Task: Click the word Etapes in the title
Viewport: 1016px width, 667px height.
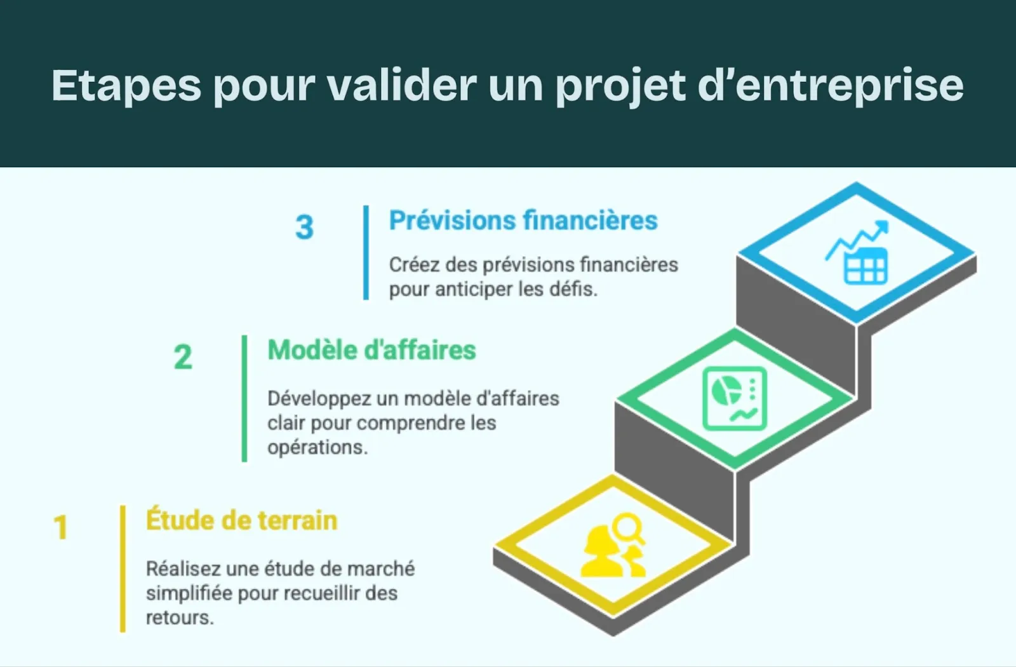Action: click(x=126, y=86)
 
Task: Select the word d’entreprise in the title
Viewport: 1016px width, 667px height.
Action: click(x=831, y=86)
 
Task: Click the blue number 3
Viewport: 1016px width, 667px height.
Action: click(x=305, y=227)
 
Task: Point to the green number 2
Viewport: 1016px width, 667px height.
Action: click(x=183, y=357)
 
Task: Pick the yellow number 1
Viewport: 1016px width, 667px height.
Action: click(x=61, y=527)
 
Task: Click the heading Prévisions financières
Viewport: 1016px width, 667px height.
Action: click(x=523, y=221)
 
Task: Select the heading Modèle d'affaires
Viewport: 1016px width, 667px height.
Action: click(x=371, y=350)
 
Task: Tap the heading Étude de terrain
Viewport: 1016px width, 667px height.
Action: click(x=241, y=520)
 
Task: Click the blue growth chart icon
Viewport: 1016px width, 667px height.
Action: click(x=857, y=252)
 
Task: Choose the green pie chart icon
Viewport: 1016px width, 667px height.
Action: click(x=735, y=398)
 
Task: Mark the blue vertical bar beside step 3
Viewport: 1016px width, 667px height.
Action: click(x=366, y=252)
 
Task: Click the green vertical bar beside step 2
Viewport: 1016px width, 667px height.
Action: click(x=244, y=398)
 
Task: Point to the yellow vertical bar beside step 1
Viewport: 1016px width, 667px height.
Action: click(x=123, y=569)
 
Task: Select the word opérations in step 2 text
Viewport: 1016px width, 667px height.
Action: click(x=317, y=447)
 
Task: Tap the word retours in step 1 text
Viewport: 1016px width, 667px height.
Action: click(x=179, y=617)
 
